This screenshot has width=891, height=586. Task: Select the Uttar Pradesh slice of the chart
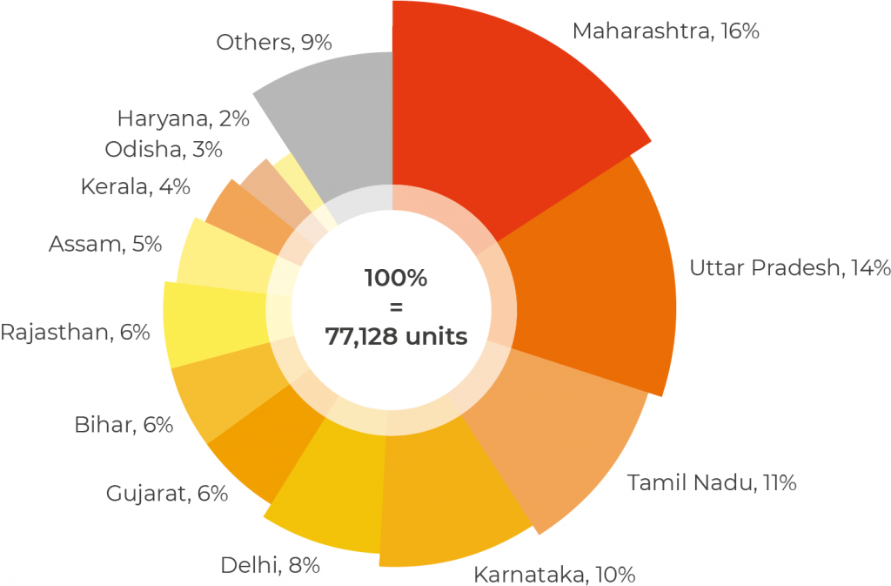tap(592, 279)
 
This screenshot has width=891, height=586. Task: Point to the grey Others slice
tap(339, 131)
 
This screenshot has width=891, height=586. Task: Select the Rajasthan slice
tap(213, 322)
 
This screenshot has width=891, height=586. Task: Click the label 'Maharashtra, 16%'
tap(666, 31)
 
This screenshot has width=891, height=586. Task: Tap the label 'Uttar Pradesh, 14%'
tap(789, 267)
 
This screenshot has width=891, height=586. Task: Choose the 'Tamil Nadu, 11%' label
tap(712, 482)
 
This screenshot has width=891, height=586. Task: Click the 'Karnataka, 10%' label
tap(554, 575)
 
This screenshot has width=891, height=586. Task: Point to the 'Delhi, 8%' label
tap(270, 565)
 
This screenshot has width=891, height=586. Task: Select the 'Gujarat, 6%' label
tap(167, 494)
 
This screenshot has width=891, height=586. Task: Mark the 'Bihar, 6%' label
tap(124, 425)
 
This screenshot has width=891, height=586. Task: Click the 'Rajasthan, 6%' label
tap(75, 332)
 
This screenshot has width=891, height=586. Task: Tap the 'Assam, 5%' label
tap(105, 244)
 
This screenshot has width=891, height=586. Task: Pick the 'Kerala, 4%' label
tap(135, 186)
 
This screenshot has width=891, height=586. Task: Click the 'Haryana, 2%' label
tap(183, 118)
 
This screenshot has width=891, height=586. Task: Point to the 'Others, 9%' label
tap(274, 42)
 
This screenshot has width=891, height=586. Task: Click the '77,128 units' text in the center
tap(396, 336)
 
